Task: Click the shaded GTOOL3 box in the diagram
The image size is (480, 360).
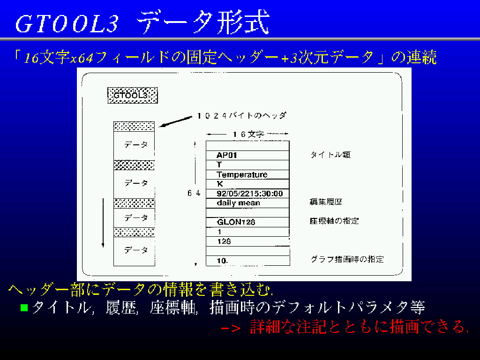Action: click(x=133, y=96)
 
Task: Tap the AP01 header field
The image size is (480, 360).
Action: click(x=247, y=155)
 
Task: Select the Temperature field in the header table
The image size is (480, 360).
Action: click(x=247, y=174)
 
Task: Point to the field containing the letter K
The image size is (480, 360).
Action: click(x=247, y=184)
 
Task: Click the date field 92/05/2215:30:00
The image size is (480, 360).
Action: click(x=247, y=194)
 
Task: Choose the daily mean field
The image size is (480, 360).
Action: click(x=247, y=203)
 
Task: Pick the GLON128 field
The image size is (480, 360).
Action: click(x=247, y=222)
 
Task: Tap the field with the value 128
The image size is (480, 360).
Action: click(x=247, y=241)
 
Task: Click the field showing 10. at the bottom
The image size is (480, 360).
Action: click(x=247, y=261)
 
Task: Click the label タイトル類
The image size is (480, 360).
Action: click(x=330, y=155)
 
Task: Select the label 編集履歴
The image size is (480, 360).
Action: click(x=326, y=202)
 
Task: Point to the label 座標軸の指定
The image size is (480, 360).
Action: click(x=334, y=221)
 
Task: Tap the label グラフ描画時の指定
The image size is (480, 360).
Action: click(x=347, y=259)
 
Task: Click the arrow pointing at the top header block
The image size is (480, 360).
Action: click(x=175, y=121)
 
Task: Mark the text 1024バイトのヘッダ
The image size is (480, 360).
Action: click(x=242, y=116)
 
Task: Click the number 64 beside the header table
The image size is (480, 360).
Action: click(x=194, y=193)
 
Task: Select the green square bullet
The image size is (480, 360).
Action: click(x=24, y=307)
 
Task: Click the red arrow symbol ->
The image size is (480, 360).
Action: click(x=231, y=328)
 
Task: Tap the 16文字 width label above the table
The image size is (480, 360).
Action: click(x=248, y=134)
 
